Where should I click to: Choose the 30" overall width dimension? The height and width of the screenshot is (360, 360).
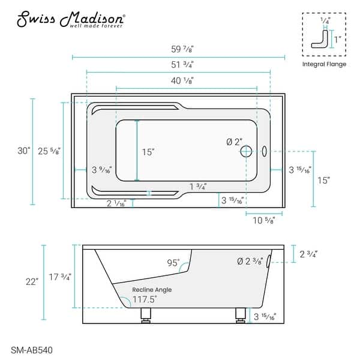23,151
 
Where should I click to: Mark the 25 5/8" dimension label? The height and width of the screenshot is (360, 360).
49,151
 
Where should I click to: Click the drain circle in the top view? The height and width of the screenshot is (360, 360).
245,152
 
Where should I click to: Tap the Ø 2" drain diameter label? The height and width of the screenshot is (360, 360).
234,142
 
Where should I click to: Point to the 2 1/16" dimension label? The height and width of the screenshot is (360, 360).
116,205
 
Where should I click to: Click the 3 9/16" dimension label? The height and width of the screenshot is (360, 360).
102,170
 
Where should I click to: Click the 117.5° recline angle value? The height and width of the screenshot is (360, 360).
145,298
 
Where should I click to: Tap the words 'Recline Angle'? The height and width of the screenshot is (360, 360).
152,289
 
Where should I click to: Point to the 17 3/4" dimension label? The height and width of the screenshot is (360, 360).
60,277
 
